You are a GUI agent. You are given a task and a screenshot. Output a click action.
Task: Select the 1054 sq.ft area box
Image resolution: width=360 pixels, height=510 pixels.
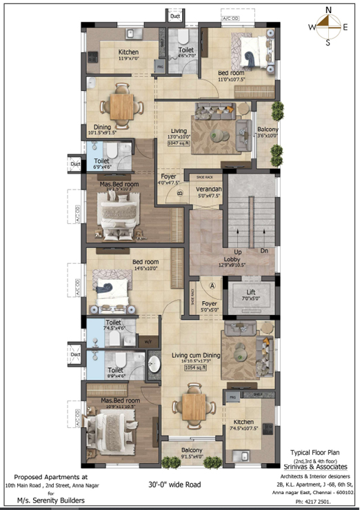[x=195, y=368]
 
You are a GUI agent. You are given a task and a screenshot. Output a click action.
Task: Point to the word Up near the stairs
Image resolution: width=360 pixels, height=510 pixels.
[x=237, y=252]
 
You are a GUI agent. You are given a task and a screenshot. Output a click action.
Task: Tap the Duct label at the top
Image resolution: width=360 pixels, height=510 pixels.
[x=175, y=14]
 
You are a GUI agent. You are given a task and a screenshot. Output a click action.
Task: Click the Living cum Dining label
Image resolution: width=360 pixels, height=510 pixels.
[x=196, y=356]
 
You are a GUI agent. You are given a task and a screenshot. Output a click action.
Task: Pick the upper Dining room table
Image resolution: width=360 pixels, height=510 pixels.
[x=122, y=105]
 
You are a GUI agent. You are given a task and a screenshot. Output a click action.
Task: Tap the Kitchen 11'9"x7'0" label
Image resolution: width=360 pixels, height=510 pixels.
[x=129, y=55]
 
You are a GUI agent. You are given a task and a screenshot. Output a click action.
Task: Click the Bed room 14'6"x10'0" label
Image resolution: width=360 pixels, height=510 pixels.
[x=146, y=265]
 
